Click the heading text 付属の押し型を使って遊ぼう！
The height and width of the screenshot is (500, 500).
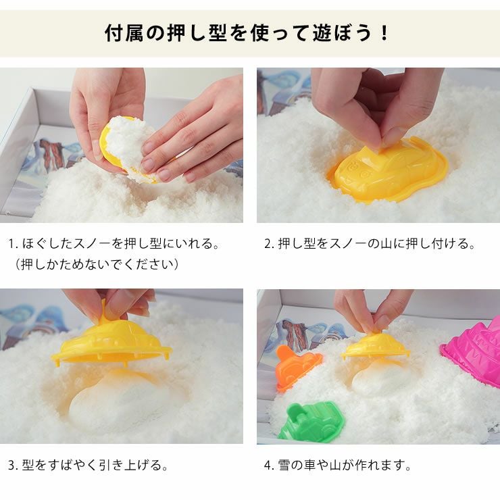[249, 33]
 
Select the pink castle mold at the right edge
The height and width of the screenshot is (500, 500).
[473, 354]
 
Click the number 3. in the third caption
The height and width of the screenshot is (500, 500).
[13, 466]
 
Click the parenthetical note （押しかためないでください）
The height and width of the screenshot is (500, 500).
[98, 264]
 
